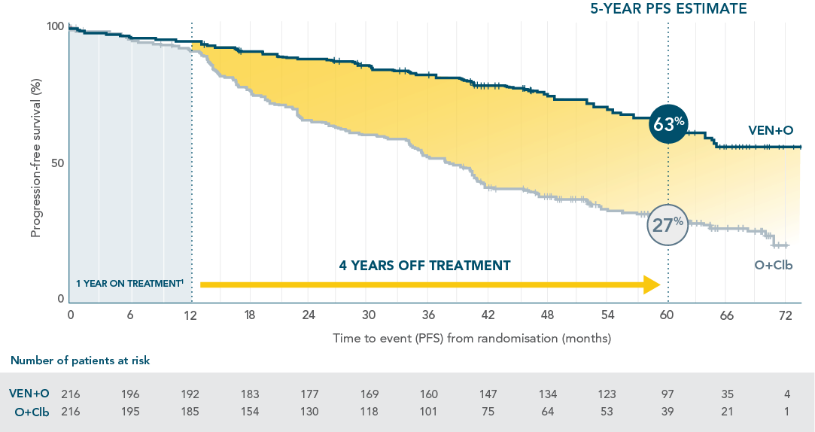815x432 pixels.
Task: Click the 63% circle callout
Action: click(668, 123)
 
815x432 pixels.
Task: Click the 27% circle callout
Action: click(668, 224)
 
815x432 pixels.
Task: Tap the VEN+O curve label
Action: click(770, 130)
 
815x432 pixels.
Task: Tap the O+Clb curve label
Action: click(774, 265)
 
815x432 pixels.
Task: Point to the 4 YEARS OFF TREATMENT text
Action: click(424, 266)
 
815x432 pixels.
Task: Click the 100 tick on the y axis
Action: click(54, 27)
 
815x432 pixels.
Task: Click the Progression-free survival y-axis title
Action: click(35, 162)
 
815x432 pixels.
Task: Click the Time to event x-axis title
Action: click(472, 338)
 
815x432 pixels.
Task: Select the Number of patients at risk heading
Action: click(81, 361)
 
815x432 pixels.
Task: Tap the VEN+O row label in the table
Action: click(29, 394)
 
